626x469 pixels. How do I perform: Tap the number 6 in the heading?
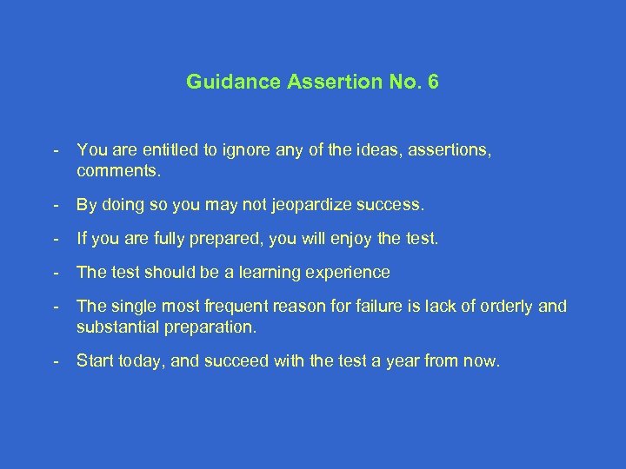pyautogui.click(x=433, y=83)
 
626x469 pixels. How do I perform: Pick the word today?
pyautogui.click(x=141, y=360)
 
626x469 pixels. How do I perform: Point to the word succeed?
pyautogui.click(x=233, y=360)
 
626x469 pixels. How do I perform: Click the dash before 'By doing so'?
pyautogui.click(x=55, y=206)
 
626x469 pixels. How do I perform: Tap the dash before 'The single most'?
pyautogui.click(x=55, y=306)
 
